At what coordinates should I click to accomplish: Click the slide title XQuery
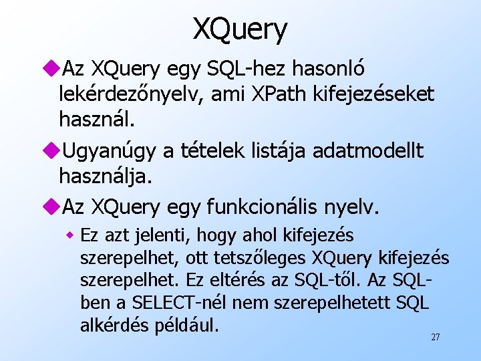pos(240,28)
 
